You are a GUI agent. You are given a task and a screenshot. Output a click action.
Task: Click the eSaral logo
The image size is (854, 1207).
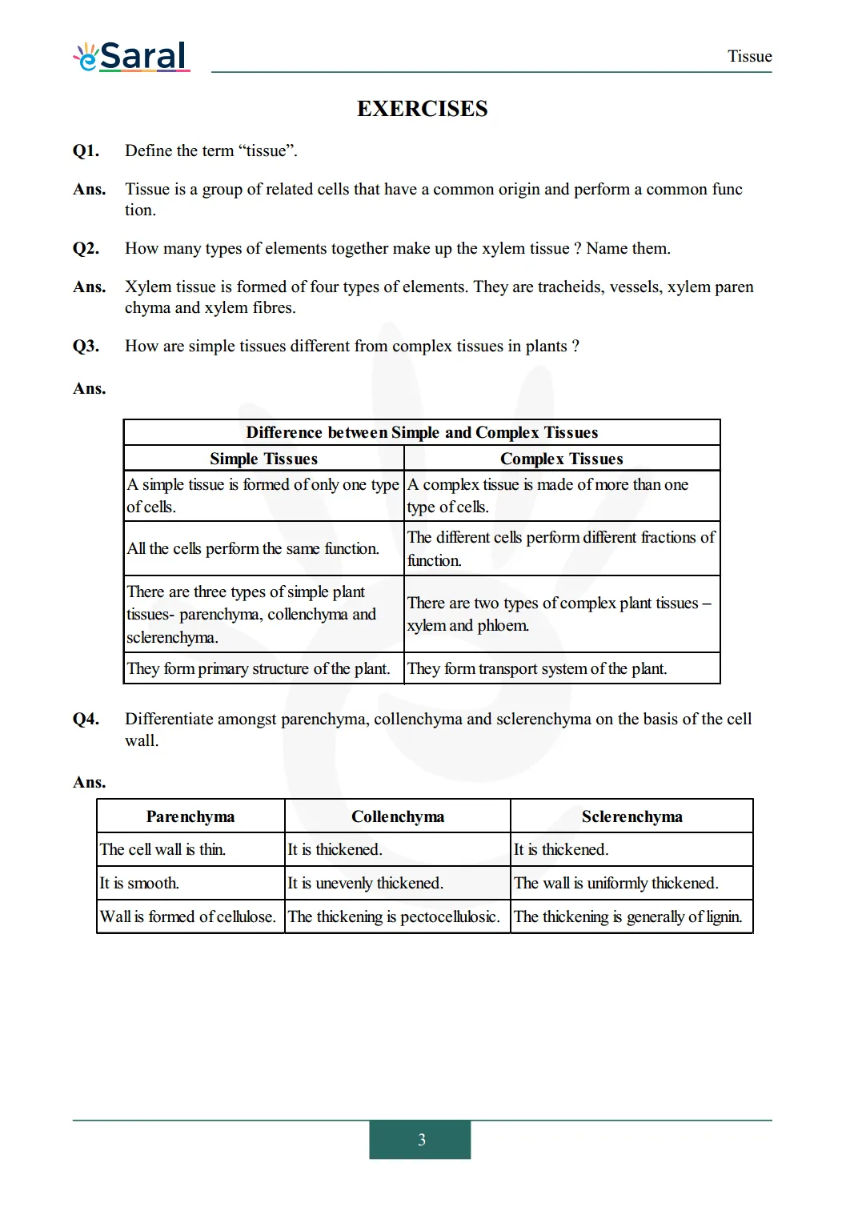tap(132, 56)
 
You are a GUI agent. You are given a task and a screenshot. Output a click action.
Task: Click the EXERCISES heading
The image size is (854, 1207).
tap(422, 109)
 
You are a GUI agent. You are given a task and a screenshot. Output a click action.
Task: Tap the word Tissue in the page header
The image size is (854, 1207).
tap(749, 56)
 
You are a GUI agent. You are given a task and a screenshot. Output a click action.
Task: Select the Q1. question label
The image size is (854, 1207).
tap(86, 150)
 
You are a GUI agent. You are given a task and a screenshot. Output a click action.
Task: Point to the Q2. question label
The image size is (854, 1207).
tap(86, 248)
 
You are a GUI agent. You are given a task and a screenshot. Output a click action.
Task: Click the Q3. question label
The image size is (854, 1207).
tap(86, 346)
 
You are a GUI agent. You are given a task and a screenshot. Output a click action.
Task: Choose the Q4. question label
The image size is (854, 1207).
tap(86, 719)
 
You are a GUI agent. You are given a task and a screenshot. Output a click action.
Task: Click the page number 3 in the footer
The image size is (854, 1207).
tap(421, 1140)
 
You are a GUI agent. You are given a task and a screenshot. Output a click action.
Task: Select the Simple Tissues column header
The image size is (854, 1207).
tap(263, 459)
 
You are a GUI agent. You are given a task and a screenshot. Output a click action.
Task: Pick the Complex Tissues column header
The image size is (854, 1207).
tap(561, 459)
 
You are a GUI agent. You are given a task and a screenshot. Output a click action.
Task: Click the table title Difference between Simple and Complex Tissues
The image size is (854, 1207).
tap(422, 432)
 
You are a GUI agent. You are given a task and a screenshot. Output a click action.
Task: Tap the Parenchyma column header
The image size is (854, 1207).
tap(190, 816)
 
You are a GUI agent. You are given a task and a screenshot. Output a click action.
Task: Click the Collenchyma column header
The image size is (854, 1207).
tap(397, 816)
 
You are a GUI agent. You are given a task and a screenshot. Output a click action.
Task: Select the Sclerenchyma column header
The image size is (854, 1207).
tap(631, 816)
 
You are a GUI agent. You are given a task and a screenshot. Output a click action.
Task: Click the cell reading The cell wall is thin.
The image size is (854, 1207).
tap(162, 849)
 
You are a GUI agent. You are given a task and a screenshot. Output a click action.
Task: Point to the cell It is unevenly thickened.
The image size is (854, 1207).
tap(365, 883)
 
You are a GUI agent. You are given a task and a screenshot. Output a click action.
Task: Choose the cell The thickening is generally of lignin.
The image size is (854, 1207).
tap(627, 916)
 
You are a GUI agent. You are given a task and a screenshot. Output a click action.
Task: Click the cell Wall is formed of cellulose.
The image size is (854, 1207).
tap(187, 916)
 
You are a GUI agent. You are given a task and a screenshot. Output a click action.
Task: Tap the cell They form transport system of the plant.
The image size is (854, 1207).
tap(537, 668)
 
